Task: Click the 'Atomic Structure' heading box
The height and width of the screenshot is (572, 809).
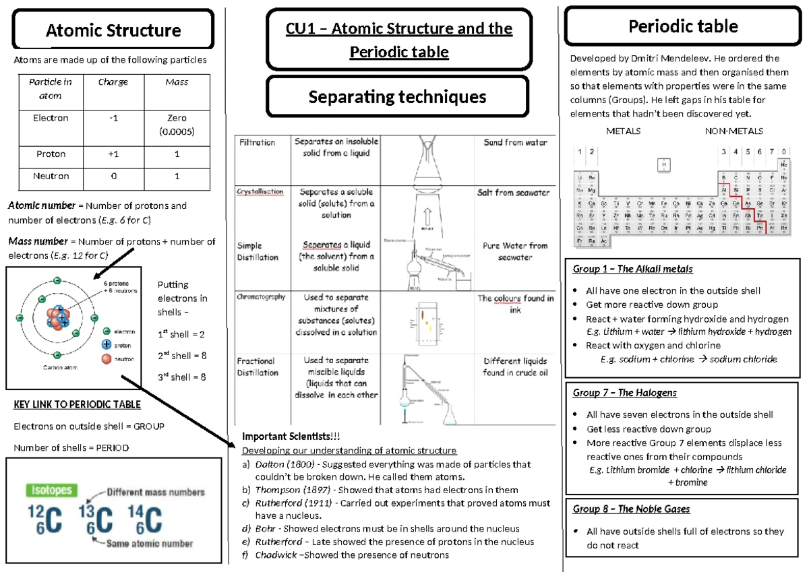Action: [x=113, y=30]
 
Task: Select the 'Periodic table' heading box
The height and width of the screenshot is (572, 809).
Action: [x=682, y=27]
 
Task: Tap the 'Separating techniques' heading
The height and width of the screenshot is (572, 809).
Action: [x=397, y=97]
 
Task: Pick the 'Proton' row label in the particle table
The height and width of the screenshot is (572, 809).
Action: [x=51, y=154]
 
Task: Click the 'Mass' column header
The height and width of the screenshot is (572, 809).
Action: [x=177, y=82]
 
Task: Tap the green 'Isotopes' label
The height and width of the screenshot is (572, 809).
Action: [x=51, y=490]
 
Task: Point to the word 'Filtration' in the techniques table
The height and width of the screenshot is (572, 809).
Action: [x=256, y=143]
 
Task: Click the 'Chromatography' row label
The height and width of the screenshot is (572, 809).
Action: [x=261, y=296]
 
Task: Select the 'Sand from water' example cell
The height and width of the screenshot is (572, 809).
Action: [x=515, y=143]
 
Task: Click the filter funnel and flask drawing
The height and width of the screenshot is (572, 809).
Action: [x=426, y=162]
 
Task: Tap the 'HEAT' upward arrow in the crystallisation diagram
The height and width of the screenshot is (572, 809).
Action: [x=427, y=217]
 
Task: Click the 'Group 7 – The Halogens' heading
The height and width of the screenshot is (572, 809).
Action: [x=624, y=393]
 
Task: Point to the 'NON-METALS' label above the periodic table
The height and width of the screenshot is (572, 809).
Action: [x=733, y=131]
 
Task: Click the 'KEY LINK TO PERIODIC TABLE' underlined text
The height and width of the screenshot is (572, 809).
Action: [x=78, y=405]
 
